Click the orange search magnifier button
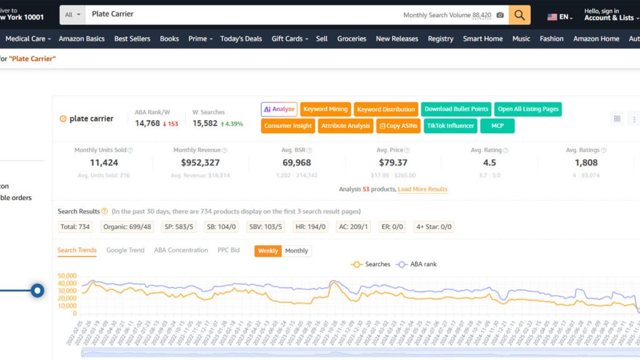(x=519, y=15)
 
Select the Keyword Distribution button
(x=386, y=109)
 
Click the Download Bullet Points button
(x=456, y=109)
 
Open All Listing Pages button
(x=528, y=109)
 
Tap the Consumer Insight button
(x=288, y=126)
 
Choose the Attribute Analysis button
(x=346, y=126)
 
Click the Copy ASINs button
(x=398, y=126)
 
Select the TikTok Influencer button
(x=451, y=126)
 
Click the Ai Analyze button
(x=279, y=109)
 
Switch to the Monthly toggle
(x=296, y=251)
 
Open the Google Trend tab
(x=125, y=250)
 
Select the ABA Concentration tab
(x=181, y=250)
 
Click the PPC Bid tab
(x=228, y=250)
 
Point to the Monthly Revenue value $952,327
(x=200, y=162)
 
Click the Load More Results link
(x=422, y=189)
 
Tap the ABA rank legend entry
(x=417, y=264)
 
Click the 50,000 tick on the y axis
(x=66, y=276)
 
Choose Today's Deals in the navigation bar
(x=241, y=39)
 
